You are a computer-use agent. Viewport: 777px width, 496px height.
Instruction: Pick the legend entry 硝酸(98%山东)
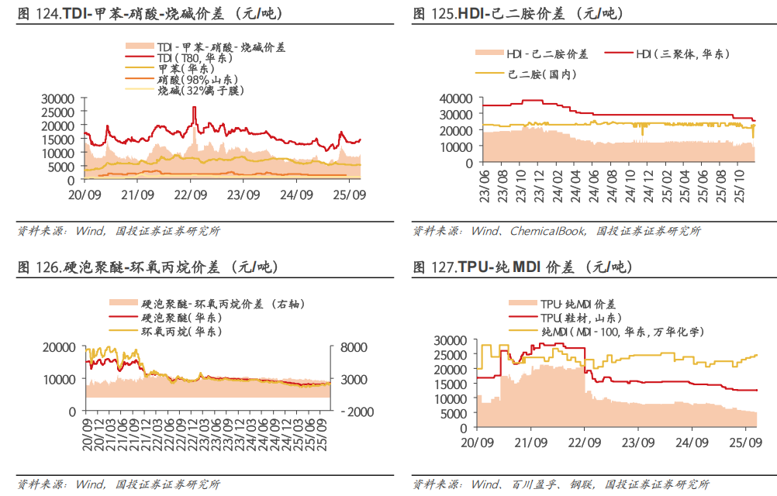click(x=198, y=80)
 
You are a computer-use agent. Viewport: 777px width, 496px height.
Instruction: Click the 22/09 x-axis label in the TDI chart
click(x=190, y=195)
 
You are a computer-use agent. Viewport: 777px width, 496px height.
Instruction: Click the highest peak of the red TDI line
click(x=194, y=108)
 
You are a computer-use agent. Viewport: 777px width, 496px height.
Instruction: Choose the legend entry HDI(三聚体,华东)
click(x=682, y=54)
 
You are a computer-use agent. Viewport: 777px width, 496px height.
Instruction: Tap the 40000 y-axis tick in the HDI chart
click(x=455, y=98)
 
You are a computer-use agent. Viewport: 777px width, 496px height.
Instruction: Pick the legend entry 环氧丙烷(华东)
click(x=181, y=331)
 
